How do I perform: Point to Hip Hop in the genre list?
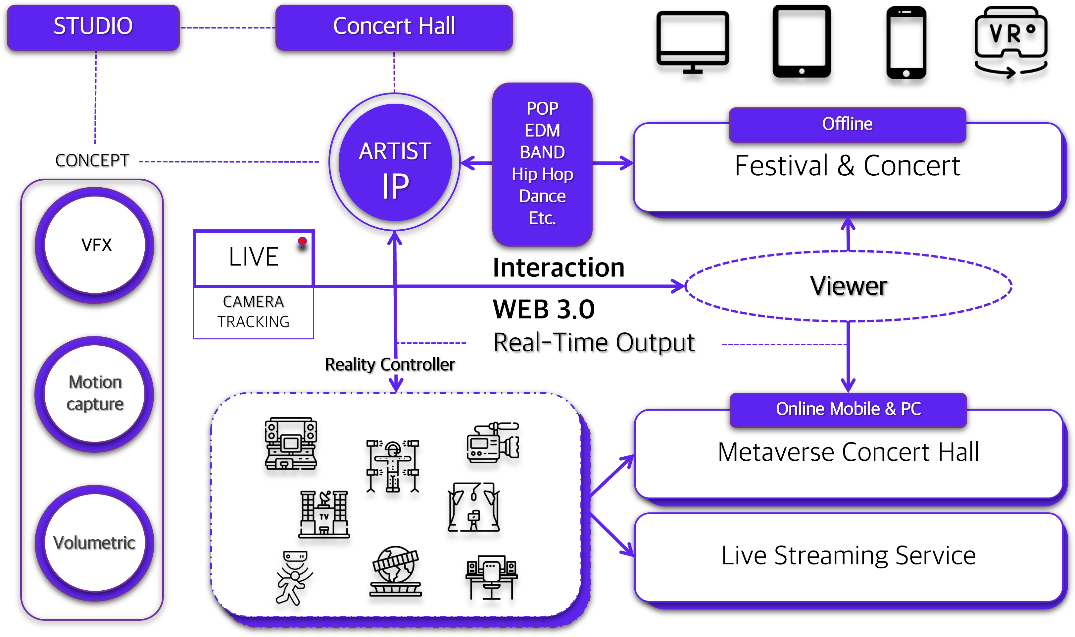tap(542, 174)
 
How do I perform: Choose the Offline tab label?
tap(847, 124)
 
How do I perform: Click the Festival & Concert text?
tap(847, 166)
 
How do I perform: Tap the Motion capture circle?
tap(95, 393)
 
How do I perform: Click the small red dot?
tap(302, 241)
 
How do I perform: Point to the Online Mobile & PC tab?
tap(848, 409)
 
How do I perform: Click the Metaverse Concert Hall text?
tap(848, 452)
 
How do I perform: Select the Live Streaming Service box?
tap(848, 556)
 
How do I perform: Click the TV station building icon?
tap(324, 514)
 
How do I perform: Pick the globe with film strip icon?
tap(395, 571)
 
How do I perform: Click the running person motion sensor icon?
tap(294, 578)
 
